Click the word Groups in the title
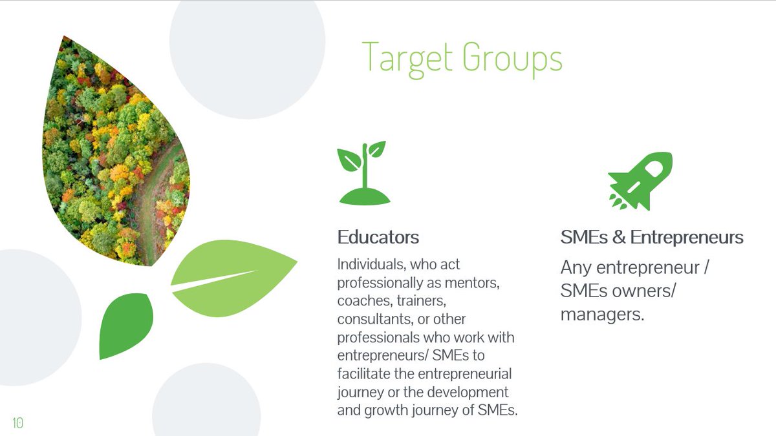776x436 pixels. click(x=513, y=59)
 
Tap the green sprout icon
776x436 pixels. click(x=363, y=173)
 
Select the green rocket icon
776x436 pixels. click(x=640, y=182)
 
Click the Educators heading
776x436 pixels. click(x=378, y=238)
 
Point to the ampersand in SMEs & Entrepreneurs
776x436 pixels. click(x=619, y=238)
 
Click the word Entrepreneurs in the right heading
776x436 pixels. click(x=687, y=238)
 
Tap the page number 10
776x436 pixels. click(x=17, y=423)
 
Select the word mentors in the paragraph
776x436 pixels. click(x=472, y=284)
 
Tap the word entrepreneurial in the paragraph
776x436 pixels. click(x=464, y=374)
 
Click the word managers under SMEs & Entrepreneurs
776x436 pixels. click(x=602, y=315)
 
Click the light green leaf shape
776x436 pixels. click(x=234, y=278)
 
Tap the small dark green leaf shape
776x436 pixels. click(x=126, y=326)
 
